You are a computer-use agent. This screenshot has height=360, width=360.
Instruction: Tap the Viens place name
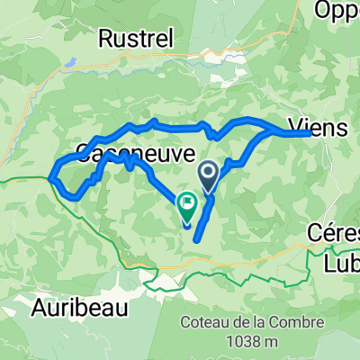pos(319,128)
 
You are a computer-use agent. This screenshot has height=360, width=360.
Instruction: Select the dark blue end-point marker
pos(208,173)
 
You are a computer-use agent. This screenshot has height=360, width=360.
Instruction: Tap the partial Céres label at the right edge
pos(341,230)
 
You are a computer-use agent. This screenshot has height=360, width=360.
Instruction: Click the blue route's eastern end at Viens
pos(309,132)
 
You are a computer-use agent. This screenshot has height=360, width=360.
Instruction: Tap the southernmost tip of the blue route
pos(194,239)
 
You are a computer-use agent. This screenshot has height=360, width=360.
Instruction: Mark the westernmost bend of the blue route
pos(55,171)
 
